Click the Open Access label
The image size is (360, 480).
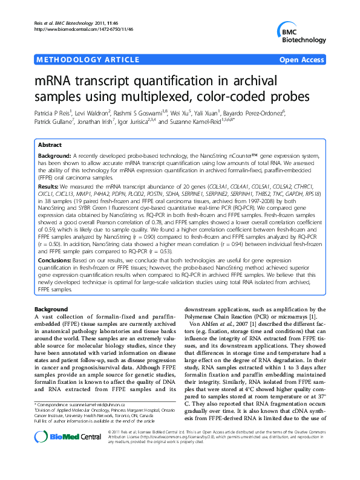pyautogui.click(x=302, y=60)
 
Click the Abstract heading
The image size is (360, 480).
pyautogui.click(x=50, y=146)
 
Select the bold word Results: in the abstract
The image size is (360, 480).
pyautogui.click(x=49, y=187)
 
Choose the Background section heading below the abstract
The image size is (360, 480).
pyautogui.click(x=51, y=309)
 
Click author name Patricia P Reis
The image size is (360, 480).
pyautogui.click(x=54, y=112)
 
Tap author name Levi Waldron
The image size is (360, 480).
pyautogui.click(x=94, y=112)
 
